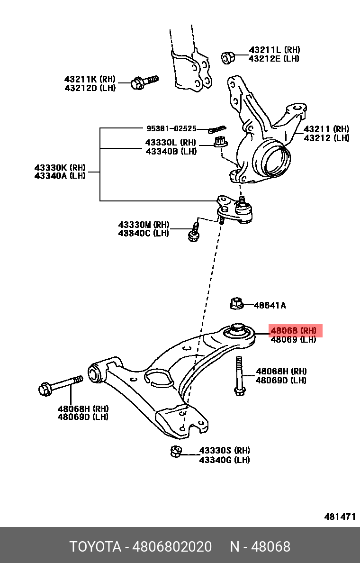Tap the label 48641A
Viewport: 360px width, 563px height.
tap(270, 306)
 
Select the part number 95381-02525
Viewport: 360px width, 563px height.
tap(171, 128)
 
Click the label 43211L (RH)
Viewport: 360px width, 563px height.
tap(274, 50)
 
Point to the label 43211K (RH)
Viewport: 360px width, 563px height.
tap(90, 79)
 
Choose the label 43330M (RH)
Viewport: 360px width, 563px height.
tap(144, 224)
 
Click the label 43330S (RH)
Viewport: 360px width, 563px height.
tap(225, 450)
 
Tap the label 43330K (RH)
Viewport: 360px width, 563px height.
tap(60, 167)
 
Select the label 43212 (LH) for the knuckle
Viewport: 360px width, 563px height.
tap(326, 138)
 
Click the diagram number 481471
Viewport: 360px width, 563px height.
tap(340, 517)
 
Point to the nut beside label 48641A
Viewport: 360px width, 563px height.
tap(236, 303)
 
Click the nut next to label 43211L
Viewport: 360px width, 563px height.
tap(228, 57)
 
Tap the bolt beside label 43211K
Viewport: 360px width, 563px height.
tap(144, 82)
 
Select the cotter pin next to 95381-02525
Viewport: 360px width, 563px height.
tap(217, 128)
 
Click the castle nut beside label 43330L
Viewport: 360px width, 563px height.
tap(219, 141)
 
